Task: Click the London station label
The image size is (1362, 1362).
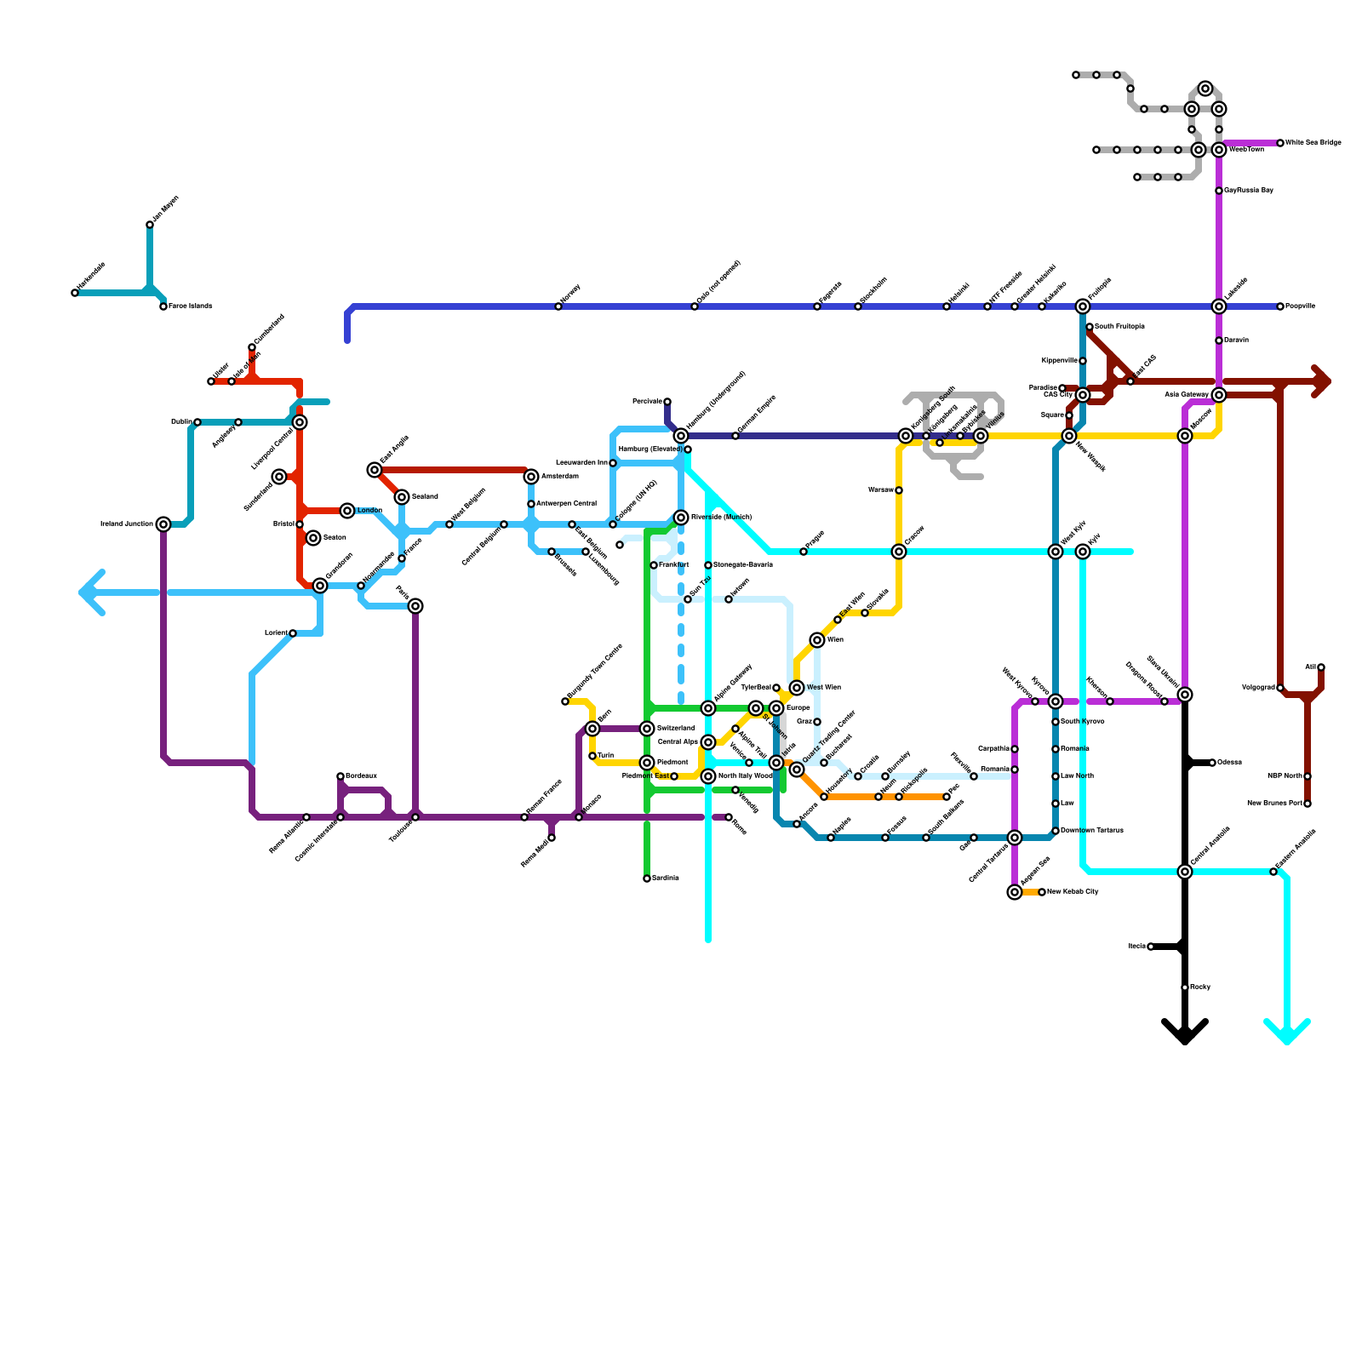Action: pyautogui.click(x=369, y=511)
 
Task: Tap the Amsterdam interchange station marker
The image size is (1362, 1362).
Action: pyautogui.click(x=531, y=477)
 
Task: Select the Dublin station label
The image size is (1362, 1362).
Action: pyautogui.click(x=181, y=422)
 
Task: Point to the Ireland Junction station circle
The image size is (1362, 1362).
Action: pyautogui.click(x=163, y=524)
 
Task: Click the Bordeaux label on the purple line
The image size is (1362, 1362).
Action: pyautogui.click(x=361, y=776)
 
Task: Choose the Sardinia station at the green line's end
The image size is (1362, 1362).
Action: pyautogui.click(x=647, y=878)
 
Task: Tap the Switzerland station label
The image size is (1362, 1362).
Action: pyautogui.click(x=676, y=729)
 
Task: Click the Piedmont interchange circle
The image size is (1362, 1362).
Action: pyautogui.click(x=647, y=763)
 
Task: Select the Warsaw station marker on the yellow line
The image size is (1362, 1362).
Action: pyautogui.click(x=899, y=490)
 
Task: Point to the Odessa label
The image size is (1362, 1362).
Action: pyautogui.click(x=1229, y=763)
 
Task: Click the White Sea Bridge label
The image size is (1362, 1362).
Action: pyautogui.click(x=1313, y=143)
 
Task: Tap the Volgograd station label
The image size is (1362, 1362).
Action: pyautogui.click(x=1257, y=688)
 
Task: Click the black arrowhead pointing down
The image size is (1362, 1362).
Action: pyautogui.click(x=1185, y=1032)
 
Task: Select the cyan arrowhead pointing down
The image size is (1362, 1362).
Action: pyautogui.click(x=1287, y=1032)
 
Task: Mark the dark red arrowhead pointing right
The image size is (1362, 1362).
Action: pyautogui.click(x=1321, y=381)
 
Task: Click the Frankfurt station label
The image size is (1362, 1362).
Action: pyautogui.click(x=673, y=565)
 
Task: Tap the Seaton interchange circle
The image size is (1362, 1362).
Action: pyautogui.click(x=313, y=538)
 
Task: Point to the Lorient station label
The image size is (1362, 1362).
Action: pyautogui.click(x=276, y=633)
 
